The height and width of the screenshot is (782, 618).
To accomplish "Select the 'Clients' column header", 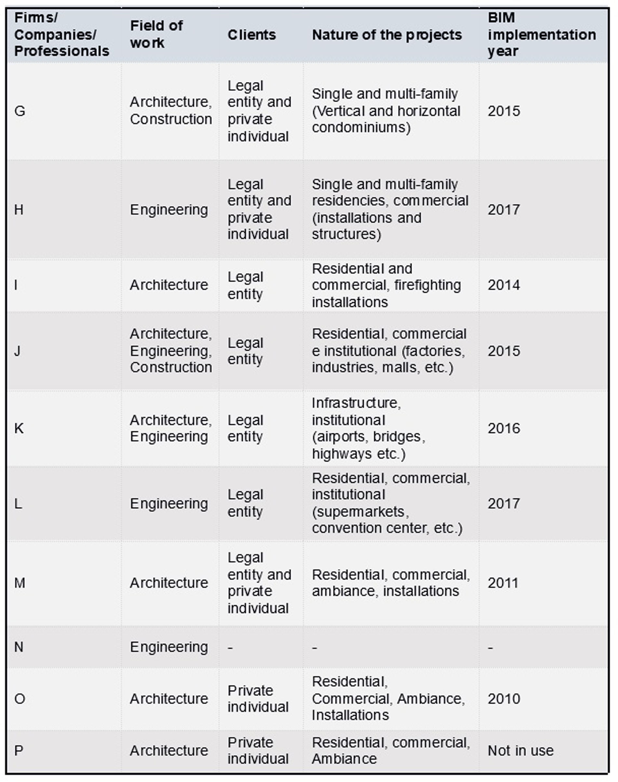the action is click(x=251, y=35).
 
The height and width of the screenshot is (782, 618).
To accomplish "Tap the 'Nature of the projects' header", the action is click(x=387, y=35).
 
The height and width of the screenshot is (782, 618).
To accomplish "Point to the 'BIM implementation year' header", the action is click(x=542, y=34).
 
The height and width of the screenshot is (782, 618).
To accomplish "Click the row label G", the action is click(x=20, y=111).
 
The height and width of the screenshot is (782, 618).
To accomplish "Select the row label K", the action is click(x=19, y=428).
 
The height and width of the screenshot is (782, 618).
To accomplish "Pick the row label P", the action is click(x=19, y=750).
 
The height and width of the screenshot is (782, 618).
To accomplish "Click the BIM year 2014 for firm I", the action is click(x=504, y=285).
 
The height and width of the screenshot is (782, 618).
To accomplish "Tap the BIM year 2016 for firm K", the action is click(x=504, y=428).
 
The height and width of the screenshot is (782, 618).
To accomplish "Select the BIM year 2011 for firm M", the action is click(x=503, y=583).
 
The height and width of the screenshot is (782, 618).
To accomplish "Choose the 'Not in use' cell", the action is click(x=520, y=750).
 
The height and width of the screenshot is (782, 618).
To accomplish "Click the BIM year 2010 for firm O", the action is click(x=504, y=698).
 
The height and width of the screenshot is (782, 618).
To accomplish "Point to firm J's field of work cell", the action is click(x=171, y=350).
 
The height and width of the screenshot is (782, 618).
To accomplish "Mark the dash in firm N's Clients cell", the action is click(x=230, y=647).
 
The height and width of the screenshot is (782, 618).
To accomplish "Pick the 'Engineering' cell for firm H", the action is click(x=169, y=210).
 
